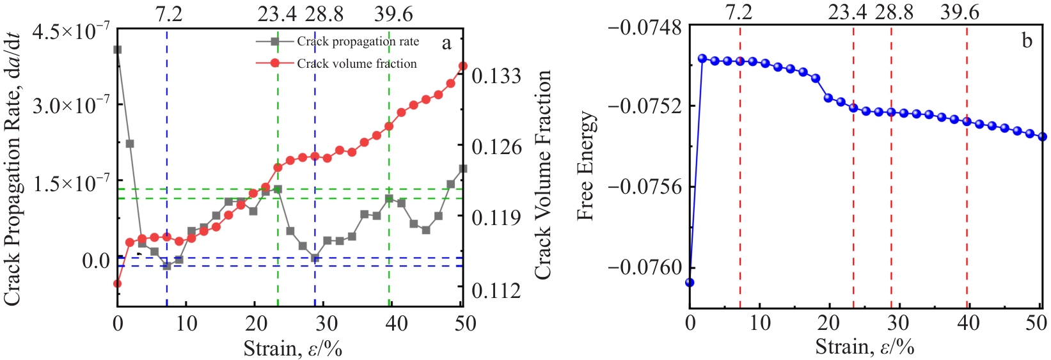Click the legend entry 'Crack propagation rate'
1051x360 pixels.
point(358,42)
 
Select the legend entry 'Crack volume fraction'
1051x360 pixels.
point(356,63)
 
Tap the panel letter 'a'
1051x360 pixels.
point(446,43)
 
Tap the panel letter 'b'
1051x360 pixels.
point(1027,42)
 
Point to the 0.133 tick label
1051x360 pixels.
point(496,76)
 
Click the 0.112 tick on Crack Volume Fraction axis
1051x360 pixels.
point(496,290)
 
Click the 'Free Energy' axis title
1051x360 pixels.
point(586,166)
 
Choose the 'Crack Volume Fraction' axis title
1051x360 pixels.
point(542,175)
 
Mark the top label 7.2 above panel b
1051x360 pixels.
point(740,12)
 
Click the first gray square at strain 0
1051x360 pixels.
point(117,49)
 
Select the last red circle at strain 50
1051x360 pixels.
point(463,66)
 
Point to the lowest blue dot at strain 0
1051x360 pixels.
point(690,282)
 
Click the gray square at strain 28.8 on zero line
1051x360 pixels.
point(315,258)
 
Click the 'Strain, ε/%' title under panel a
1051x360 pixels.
point(292,348)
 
